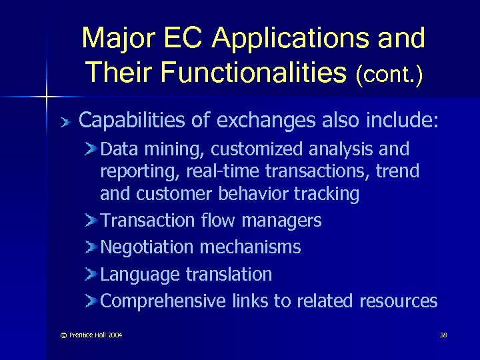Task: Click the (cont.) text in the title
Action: point(389,73)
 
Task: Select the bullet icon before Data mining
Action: point(91,149)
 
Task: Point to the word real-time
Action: point(224,171)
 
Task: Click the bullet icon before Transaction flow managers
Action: point(91,220)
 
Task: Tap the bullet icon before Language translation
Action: point(91,274)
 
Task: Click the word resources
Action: point(398,301)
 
